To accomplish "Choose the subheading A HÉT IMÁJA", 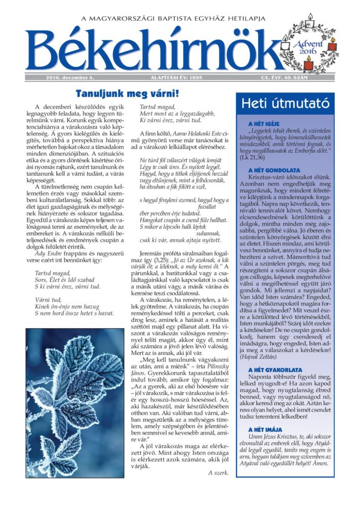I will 264,429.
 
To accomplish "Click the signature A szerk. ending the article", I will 218,472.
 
